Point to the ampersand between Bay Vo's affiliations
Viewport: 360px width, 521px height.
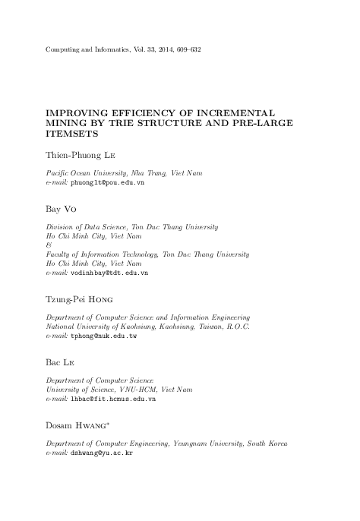click(49, 245)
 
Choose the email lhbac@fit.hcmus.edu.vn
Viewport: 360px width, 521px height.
click(112, 398)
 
